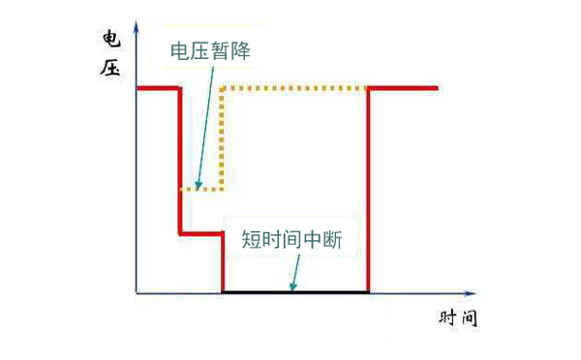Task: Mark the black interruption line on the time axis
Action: [295, 290]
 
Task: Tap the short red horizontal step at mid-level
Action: [201, 232]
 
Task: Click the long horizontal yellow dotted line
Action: [295, 89]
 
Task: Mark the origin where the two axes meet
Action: [138, 291]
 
